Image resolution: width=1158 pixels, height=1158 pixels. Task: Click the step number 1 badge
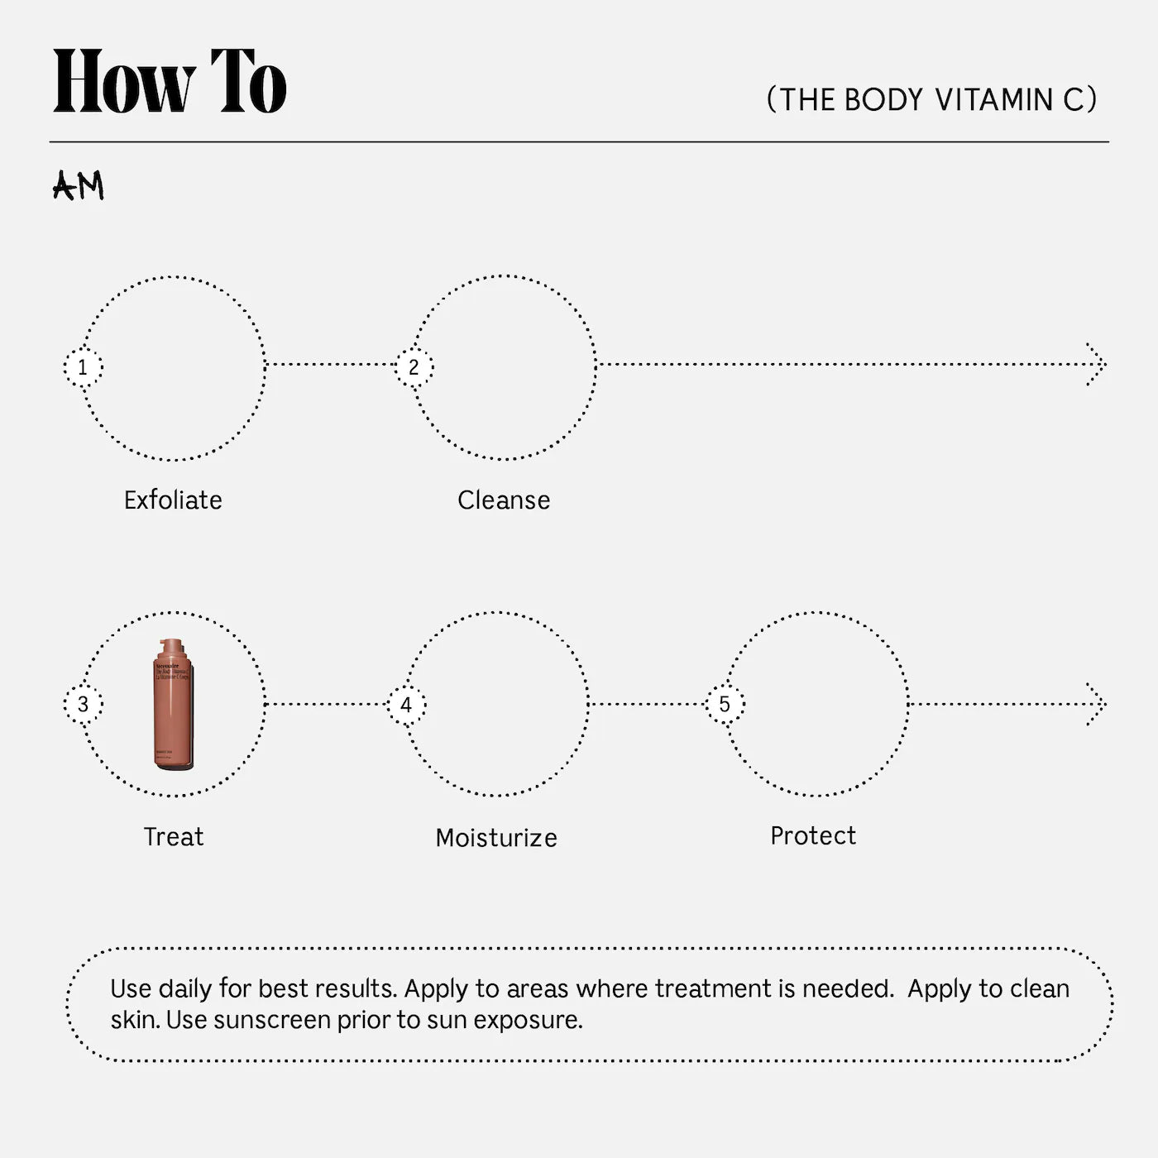(83, 367)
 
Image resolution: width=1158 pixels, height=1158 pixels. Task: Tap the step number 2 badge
(414, 367)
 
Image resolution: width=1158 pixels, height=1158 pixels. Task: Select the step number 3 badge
(83, 705)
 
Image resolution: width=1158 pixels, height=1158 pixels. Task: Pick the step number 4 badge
(406, 706)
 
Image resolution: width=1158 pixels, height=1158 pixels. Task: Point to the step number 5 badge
(725, 705)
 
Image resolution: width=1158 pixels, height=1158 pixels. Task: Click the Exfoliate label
(173, 500)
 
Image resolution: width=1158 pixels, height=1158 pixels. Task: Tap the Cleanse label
(504, 500)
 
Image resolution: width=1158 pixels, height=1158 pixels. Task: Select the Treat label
(174, 837)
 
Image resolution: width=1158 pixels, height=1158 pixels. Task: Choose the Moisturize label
(496, 838)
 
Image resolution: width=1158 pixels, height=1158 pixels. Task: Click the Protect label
(813, 836)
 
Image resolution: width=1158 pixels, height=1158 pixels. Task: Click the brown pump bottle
(174, 711)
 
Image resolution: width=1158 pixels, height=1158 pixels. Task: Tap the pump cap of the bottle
(173, 648)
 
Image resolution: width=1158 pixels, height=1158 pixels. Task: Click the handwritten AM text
(79, 186)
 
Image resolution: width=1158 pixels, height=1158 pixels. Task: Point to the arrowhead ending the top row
(1098, 364)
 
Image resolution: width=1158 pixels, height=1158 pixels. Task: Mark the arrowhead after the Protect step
(1098, 705)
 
